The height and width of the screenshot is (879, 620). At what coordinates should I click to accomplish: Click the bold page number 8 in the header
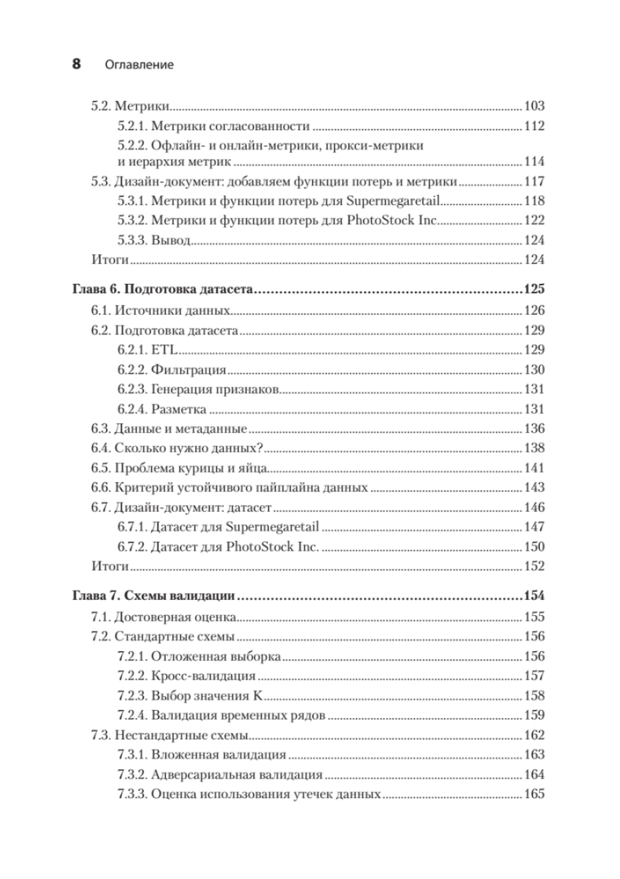76,65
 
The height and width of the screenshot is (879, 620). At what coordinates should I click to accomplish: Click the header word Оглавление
139,65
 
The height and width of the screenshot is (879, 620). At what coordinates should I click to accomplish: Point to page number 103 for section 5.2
534,106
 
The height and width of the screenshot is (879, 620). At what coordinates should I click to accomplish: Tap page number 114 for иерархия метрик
534,162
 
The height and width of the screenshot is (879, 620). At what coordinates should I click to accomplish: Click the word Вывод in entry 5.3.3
171,240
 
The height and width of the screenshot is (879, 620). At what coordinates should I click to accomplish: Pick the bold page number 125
534,290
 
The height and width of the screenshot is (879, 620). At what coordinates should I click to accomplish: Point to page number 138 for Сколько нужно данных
534,448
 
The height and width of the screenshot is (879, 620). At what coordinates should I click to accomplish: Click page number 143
534,488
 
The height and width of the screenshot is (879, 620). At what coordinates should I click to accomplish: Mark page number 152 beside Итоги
534,566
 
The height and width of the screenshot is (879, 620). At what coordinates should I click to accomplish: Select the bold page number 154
534,596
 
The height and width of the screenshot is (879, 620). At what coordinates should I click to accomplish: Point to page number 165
534,794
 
